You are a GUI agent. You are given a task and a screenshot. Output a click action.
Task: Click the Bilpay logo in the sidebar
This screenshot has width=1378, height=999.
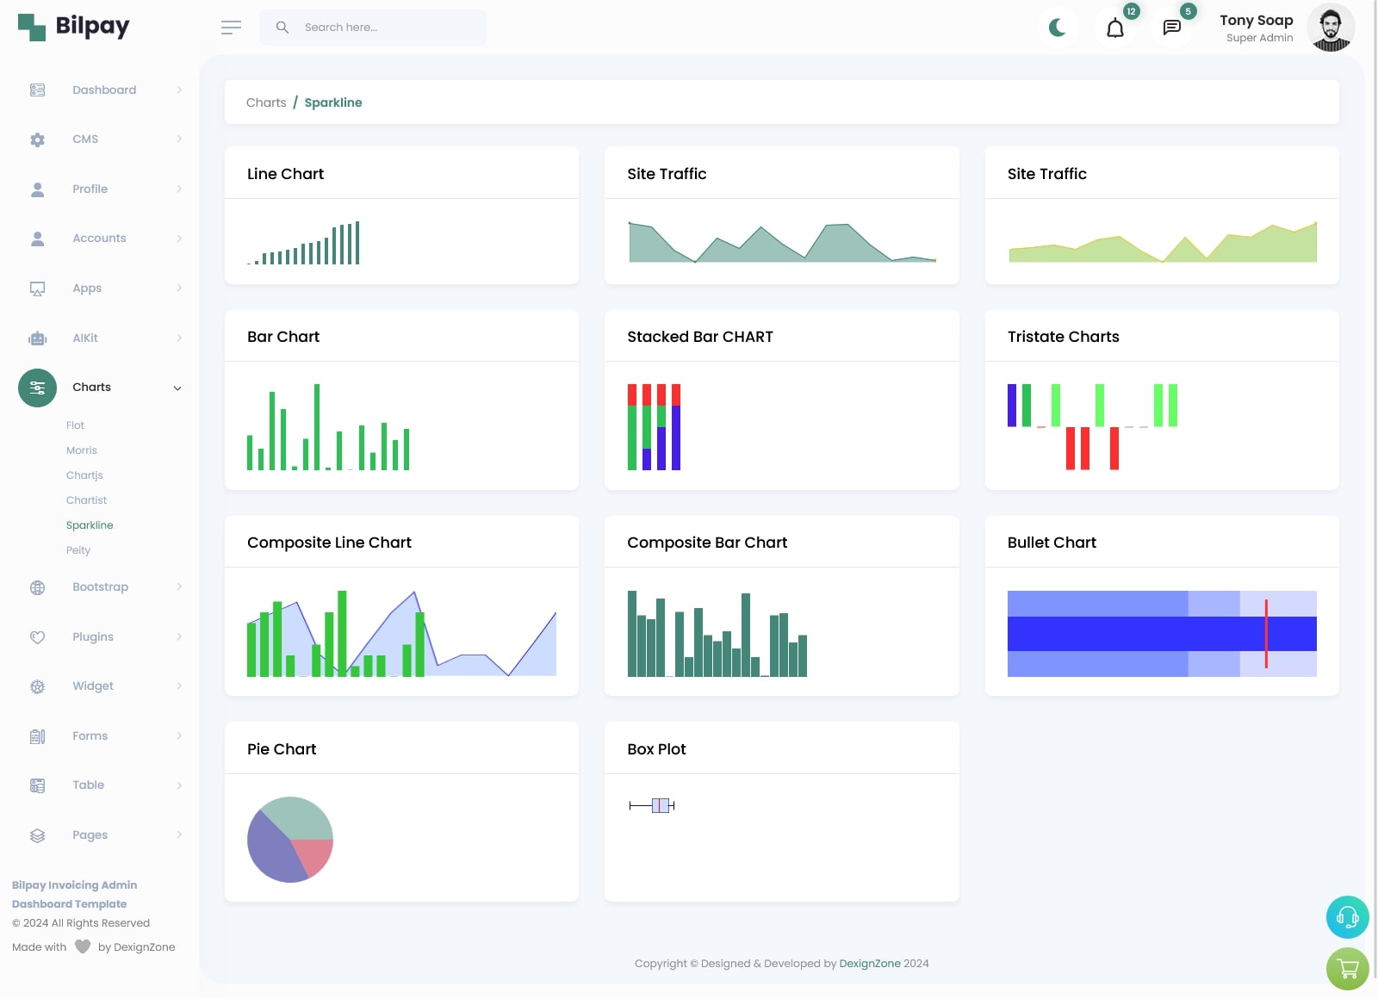click(x=73, y=27)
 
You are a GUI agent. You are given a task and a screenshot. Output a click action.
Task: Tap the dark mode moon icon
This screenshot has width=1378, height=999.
click(x=1058, y=28)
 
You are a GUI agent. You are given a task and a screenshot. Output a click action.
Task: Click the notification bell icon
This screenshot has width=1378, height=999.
click(x=1114, y=28)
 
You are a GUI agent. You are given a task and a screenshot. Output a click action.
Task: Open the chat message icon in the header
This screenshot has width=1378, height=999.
click(x=1171, y=28)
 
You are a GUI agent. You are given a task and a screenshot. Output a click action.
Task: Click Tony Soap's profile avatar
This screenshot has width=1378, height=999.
click(x=1330, y=28)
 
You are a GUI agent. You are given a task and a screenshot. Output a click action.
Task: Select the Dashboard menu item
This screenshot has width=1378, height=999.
click(x=104, y=90)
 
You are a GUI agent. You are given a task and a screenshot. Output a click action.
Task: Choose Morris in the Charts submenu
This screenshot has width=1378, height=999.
click(x=82, y=450)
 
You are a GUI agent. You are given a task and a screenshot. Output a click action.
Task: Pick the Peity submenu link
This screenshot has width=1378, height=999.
click(x=78, y=550)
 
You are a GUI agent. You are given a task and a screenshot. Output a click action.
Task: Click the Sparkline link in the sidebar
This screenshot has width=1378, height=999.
click(x=90, y=525)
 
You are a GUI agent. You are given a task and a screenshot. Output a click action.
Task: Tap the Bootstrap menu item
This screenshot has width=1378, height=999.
click(x=100, y=587)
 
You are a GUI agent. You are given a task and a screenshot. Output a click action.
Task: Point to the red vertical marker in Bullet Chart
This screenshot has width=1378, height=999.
click(x=1266, y=634)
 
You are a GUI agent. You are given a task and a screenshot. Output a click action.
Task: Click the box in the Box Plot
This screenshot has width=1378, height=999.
click(x=661, y=806)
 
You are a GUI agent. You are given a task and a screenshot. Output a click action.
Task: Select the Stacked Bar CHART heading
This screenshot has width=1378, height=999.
click(x=700, y=337)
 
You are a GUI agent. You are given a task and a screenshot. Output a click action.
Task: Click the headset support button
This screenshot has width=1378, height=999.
click(x=1347, y=917)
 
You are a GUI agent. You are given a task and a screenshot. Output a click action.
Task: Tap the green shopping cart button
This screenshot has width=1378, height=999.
click(x=1347, y=969)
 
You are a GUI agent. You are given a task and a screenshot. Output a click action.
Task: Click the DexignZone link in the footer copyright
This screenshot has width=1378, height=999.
click(x=870, y=964)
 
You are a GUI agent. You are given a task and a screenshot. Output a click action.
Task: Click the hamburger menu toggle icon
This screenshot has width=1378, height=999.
click(x=231, y=28)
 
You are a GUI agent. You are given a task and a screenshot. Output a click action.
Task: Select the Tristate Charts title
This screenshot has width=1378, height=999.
click(x=1064, y=337)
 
